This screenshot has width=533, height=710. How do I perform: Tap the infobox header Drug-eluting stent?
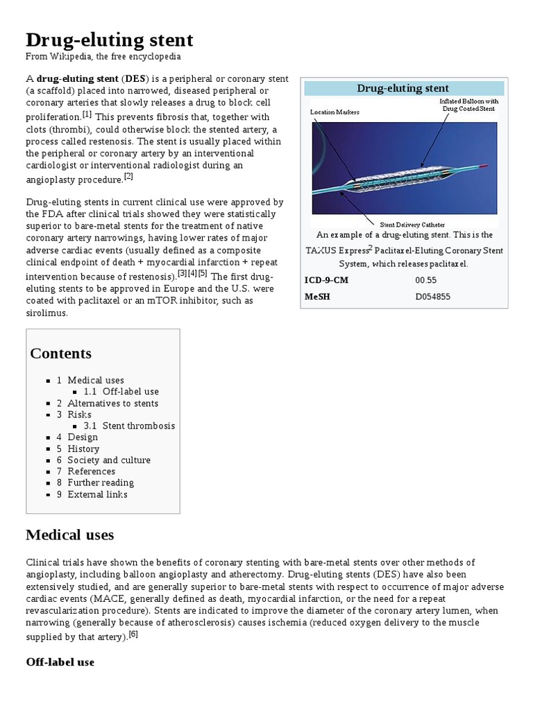tap(403, 88)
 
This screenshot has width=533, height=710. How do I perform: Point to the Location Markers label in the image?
tap(335, 112)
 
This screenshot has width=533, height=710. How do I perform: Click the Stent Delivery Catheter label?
tap(412, 224)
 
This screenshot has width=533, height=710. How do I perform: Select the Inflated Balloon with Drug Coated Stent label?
tap(469, 105)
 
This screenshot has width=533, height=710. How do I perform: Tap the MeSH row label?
tap(318, 297)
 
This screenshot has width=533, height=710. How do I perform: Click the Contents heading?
tap(60, 353)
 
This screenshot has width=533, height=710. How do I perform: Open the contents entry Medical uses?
tap(96, 380)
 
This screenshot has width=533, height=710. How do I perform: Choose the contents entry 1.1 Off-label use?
tap(130, 392)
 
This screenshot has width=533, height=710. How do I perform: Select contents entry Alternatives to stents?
tap(112, 403)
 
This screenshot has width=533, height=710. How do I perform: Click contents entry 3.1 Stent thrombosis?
tap(139, 426)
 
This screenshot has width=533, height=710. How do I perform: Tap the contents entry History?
tap(83, 449)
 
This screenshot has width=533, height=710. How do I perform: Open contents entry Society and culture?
tap(108, 460)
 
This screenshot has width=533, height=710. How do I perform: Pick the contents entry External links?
tap(97, 494)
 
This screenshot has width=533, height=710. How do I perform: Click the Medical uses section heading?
tap(69, 535)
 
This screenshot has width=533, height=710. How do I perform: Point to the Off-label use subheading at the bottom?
tap(60, 662)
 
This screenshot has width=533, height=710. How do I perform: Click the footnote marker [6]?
tap(133, 634)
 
